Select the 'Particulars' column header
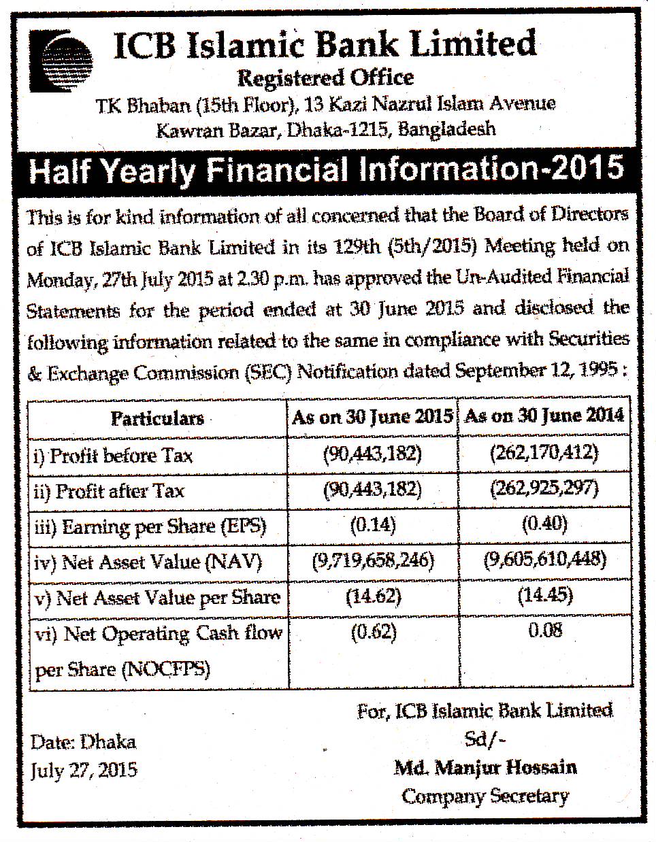tap(157, 418)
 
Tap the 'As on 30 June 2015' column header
tap(372, 416)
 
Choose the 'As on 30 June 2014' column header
tap(544, 416)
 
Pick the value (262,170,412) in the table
tap(544, 452)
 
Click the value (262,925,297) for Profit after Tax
tap(544, 488)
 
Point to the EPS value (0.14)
tap(373, 524)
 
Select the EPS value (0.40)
tap(544, 524)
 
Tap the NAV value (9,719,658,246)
tap(373, 560)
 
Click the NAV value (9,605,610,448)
tap(544, 560)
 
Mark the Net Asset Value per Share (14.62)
tap(374, 596)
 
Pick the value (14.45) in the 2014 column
tap(545, 596)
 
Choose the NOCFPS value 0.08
tap(545, 630)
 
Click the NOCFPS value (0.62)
tap(374, 632)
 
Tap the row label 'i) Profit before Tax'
tap(113, 455)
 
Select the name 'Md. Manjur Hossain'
tap(485, 768)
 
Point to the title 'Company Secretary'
tap(485, 796)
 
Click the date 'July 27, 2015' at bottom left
tap(83, 770)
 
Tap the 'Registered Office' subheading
tap(325, 78)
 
